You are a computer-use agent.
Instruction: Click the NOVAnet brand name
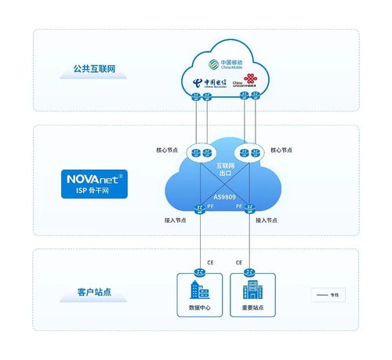pos(92,178)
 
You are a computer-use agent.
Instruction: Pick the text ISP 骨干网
pos(92,191)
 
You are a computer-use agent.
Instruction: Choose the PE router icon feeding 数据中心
pos(201,209)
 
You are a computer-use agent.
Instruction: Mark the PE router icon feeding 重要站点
pos(250,209)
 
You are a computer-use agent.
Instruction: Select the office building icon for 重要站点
pos(250,290)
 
